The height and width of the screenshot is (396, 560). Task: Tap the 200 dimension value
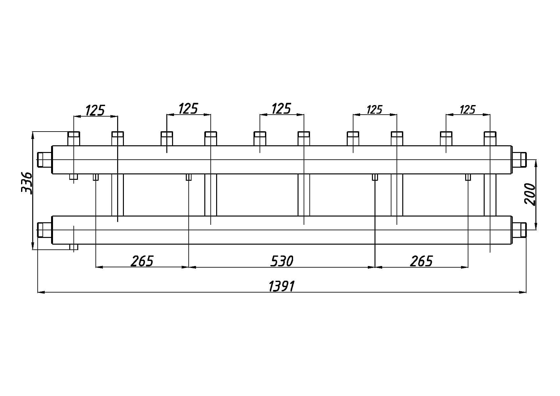click(530, 194)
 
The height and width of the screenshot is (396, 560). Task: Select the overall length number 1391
click(281, 286)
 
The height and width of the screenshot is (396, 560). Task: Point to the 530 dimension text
click(282, 261)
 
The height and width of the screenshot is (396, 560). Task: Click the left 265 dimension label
click(142, 261)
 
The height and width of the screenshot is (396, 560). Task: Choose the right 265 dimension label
click(421, 261)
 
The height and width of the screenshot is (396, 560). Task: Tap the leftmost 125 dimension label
click(95, 110)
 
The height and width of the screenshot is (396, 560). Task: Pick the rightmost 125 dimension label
click(468, 110)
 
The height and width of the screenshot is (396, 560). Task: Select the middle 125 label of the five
click(281, 109)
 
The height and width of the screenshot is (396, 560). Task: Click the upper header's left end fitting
click(45, 160)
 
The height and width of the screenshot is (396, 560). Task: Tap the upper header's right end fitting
click(519, 160)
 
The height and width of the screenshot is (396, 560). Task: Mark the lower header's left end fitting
click(45, 230)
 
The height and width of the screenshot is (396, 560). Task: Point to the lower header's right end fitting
click(519, 230)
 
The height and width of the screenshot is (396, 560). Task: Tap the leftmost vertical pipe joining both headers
click(117, 195)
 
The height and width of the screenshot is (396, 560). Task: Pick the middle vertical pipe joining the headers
click(304, 195)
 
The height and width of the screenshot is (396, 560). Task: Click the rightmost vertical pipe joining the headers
click(490, 195)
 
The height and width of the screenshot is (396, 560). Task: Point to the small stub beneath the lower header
click(74, 247)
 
